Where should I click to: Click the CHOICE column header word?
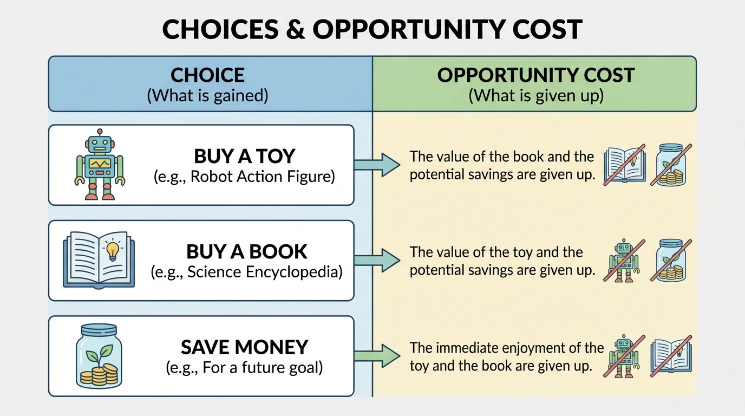208,75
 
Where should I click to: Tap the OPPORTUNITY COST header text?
535,75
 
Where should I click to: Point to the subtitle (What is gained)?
208,96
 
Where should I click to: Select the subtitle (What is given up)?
535,96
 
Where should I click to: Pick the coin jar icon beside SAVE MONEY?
99,356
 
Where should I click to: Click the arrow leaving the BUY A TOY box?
377,165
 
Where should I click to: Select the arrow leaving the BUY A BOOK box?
377,260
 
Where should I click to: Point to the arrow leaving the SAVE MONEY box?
377,356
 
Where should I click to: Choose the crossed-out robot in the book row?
624,260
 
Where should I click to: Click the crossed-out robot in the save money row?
624,356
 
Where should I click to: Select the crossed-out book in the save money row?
671,356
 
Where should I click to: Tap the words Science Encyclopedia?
265,272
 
